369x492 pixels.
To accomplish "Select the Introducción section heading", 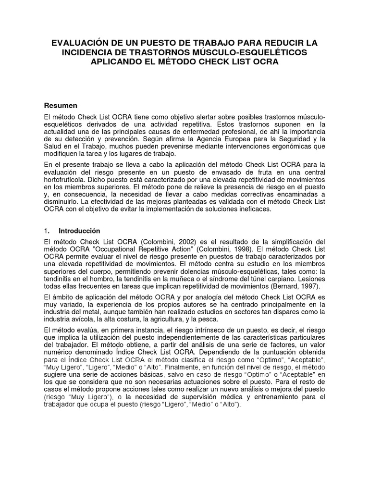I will point(80,231).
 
